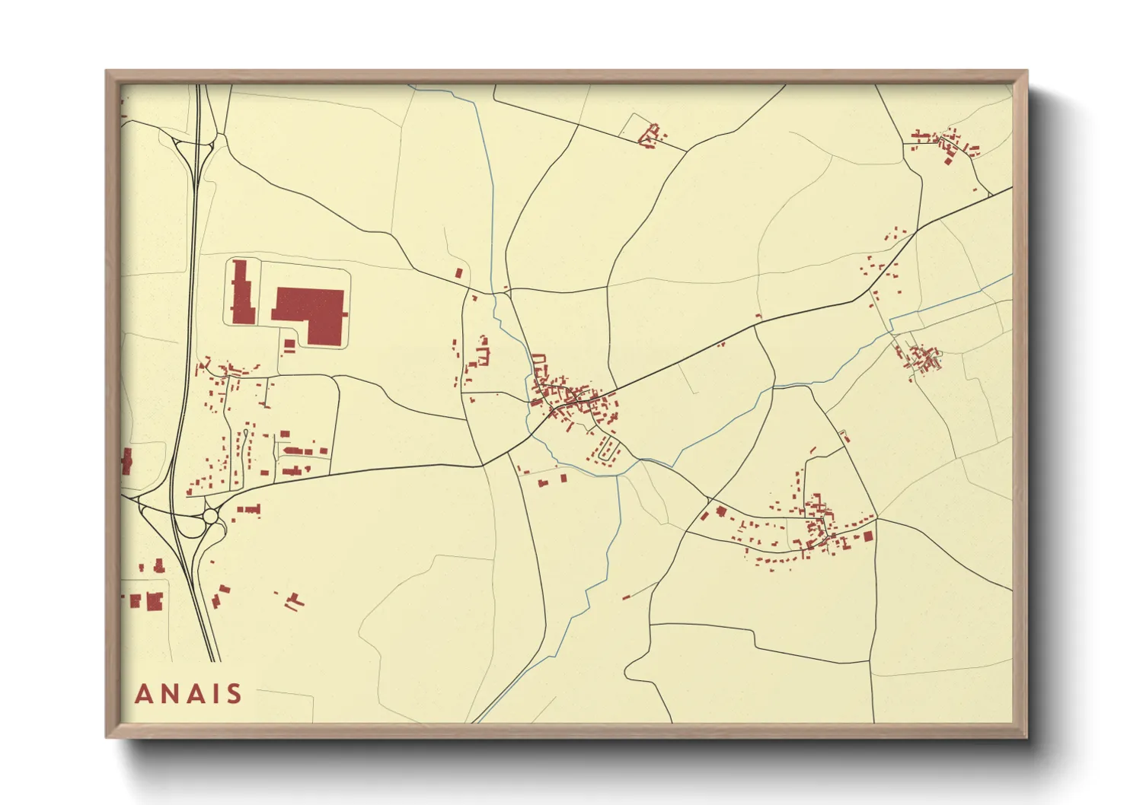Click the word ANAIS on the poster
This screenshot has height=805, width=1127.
[x=188, y=694]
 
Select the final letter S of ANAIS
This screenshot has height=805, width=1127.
[x=233, y=694]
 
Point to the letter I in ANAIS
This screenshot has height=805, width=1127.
[x=215, y=694]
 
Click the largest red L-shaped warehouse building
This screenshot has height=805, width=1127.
[x=312, y=313]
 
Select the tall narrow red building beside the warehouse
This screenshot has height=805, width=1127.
[x=243, y=293]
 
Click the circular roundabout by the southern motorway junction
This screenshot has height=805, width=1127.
[x=210, y=517]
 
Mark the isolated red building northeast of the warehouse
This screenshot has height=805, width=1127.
[x=458, y=272]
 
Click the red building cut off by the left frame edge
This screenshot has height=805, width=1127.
[x=126, y=461]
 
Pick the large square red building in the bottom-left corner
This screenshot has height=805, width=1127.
[x=155, y=601]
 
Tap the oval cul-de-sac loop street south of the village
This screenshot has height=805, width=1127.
[x=607, y=450]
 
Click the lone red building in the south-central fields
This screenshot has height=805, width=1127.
[x=626, y=597]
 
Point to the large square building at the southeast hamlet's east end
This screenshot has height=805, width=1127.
[x=867, y=536]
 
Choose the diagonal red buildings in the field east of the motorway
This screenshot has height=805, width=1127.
[x=294, y=601]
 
